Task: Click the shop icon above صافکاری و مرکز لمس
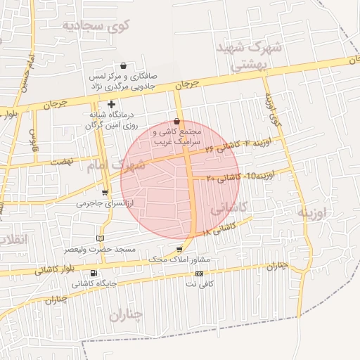click(x=124, y=65)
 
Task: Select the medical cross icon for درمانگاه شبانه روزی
click(x=111, y=104)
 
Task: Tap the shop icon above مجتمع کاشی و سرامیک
click(x=176, y=122)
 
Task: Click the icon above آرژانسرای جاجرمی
click(x=105, y=192)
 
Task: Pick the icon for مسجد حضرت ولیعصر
click(x=100, y=238)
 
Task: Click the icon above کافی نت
click(x=199, y=274)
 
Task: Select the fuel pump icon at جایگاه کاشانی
click(x=94, y=274)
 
